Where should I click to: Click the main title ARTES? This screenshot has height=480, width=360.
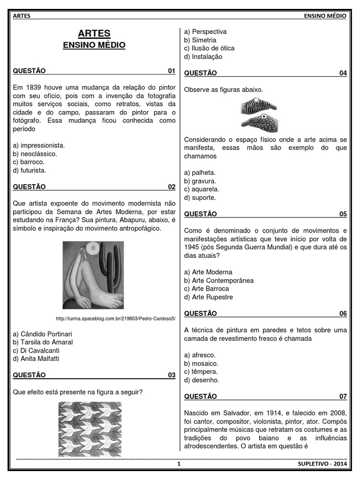[x=94, y=33]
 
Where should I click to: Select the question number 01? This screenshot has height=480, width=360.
[x=172, y=71]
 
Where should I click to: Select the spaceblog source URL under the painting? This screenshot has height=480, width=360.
[x=115, y=319]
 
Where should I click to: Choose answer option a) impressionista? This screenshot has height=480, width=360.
[x=39, y=145]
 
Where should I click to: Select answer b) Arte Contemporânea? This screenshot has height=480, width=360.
[x=219, y=280]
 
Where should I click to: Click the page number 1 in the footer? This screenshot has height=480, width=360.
[x=179, y=464]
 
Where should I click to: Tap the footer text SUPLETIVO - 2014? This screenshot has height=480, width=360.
[x=322, y=464]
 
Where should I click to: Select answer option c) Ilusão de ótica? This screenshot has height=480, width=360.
[x=210, y=48]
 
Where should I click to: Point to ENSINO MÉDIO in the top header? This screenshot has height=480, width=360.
[x=325, y=16]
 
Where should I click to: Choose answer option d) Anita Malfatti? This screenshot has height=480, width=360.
[x=37, y=359]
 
